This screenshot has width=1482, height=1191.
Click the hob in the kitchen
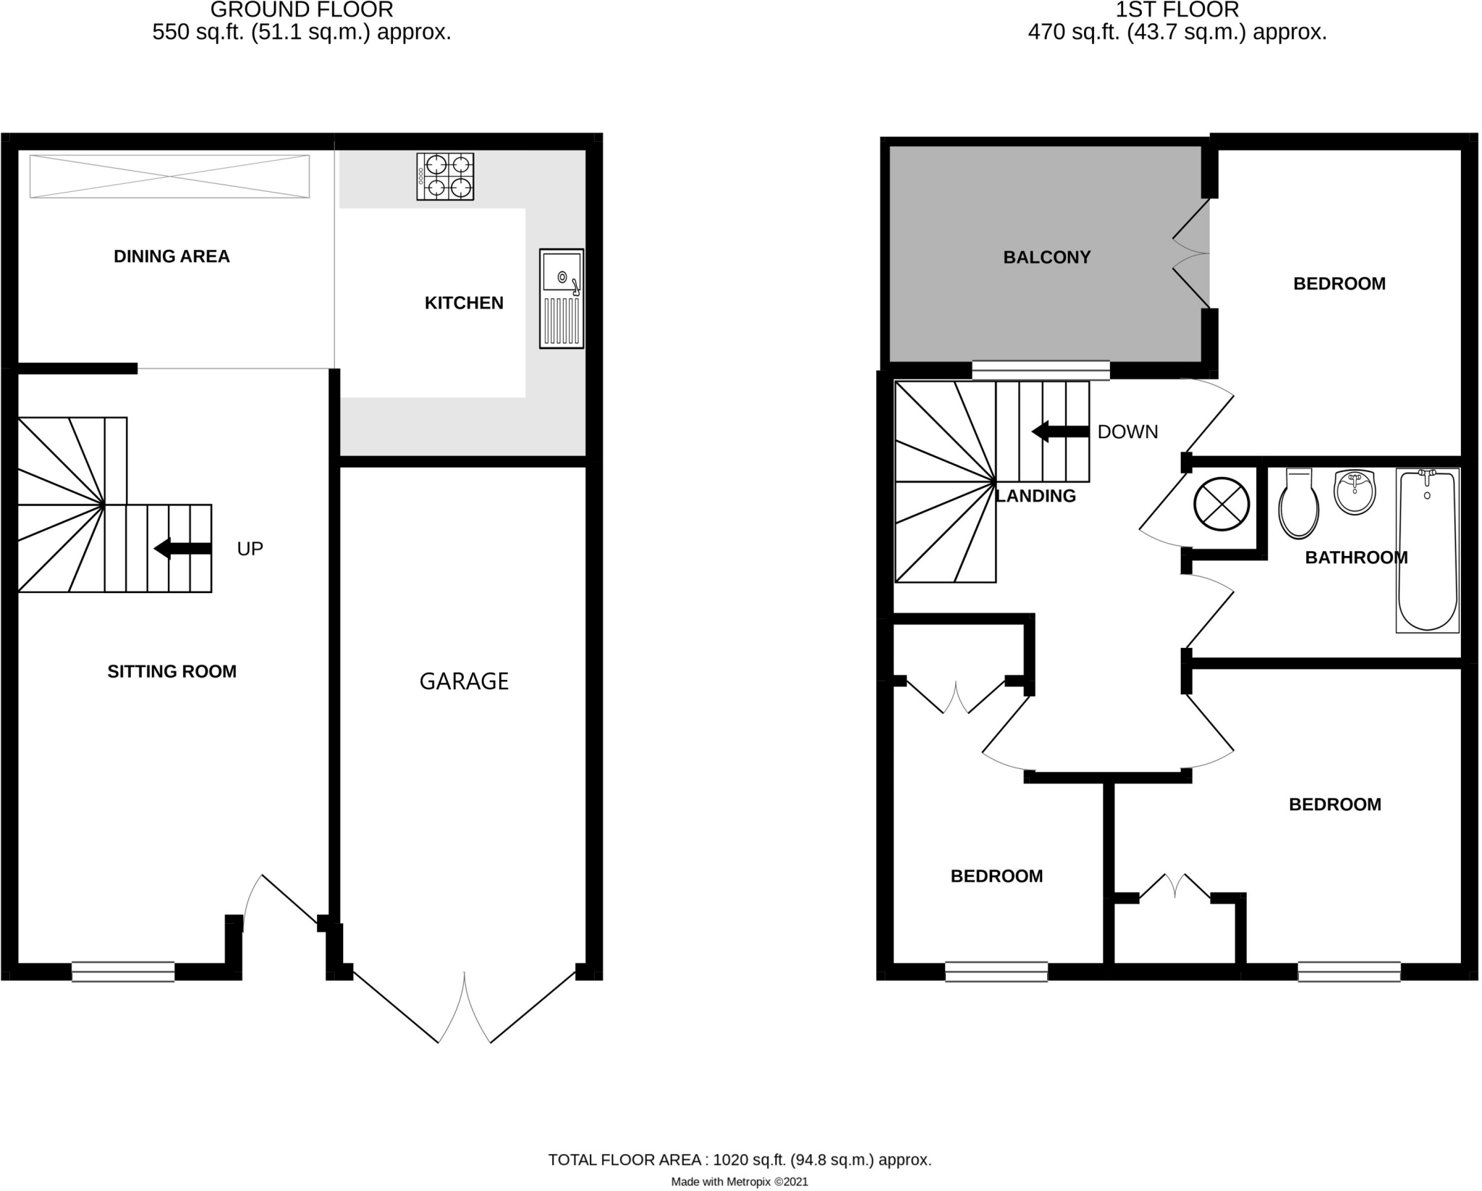(445, 177)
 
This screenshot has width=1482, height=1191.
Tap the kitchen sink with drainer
(562, 299)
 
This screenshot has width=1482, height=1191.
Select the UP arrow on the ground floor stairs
(183, 549)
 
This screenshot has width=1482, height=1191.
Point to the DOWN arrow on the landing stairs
(1060, 432)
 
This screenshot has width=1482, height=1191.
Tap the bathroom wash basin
(1354, 493)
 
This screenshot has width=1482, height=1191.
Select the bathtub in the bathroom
(1427, 551)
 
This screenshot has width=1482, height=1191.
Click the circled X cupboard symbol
(1221, 504)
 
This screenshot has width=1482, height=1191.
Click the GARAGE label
(464, 681)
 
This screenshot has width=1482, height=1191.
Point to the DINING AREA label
(172, 256)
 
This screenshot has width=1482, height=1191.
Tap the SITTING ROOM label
(172, 672)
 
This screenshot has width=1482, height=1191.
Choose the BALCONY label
(1046, 258)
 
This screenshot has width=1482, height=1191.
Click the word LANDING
(1036, 496)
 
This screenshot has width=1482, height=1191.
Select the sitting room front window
(123, 972)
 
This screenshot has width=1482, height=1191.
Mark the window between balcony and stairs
(1041, 371)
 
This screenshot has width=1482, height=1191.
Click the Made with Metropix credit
(739, 1182)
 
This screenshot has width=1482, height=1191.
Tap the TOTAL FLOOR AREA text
(739, 1160)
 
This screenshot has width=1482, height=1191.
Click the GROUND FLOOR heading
(302, 10)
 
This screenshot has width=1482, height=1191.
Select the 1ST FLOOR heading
(1177, 10)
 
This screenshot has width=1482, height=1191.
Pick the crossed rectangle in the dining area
(169, 176)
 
